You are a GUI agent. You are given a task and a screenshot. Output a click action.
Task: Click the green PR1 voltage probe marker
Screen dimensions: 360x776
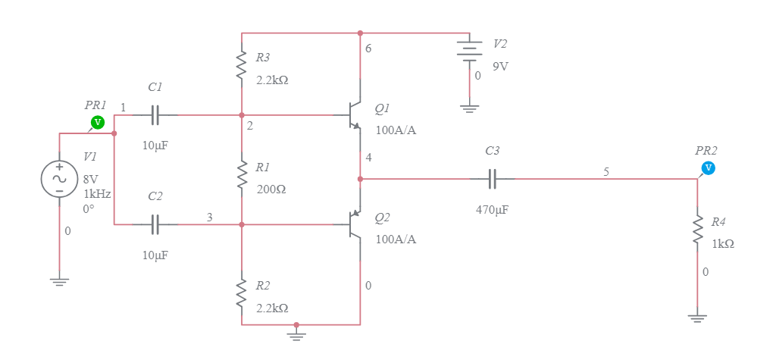click(97, 122)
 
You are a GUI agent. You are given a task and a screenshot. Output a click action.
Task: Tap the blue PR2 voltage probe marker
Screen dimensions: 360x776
click(708, 167)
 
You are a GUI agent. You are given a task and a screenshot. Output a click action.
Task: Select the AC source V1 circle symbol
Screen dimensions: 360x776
click(59, 179)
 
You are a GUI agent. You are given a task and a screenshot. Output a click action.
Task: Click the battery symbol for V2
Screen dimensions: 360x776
click(470, 50)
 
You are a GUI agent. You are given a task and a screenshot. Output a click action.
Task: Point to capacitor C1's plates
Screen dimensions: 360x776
click(155, 115)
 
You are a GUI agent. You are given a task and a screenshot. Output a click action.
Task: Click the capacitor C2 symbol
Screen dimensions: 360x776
click(155, 224)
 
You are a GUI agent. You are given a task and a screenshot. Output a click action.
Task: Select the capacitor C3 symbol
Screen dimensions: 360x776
click(493, 180)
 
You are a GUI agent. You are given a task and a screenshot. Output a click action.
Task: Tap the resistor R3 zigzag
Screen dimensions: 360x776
click(242, 66)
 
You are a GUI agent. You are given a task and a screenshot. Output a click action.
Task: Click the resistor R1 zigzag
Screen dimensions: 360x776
click(242, 175)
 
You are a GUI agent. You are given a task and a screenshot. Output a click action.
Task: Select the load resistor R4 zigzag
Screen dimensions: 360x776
click(697, 230)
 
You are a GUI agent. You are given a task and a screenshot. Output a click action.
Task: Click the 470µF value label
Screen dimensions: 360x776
click(492, 210)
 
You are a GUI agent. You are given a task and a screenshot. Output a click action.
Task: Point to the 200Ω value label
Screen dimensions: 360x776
click(270, 189)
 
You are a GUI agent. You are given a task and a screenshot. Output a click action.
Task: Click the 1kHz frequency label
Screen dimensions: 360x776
click(97, 193)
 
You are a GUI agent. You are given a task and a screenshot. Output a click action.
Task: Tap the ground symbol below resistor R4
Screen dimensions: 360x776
click(697, 318)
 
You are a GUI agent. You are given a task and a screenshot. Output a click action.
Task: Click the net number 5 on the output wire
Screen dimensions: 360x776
click(606, 172)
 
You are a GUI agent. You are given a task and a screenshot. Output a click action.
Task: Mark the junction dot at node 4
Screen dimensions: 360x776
click(360, 180)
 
